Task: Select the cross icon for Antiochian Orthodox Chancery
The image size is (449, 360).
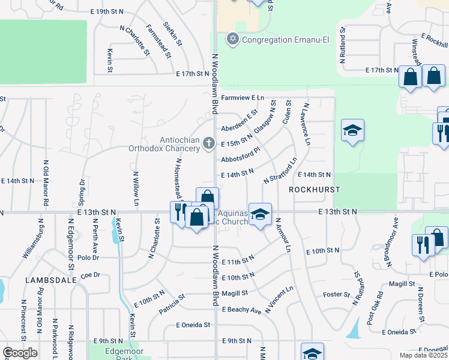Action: point(208,143)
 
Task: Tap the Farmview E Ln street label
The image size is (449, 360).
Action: point(243,97)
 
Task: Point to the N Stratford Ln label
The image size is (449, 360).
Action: point(281,171)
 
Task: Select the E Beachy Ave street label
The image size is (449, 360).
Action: point(241,310)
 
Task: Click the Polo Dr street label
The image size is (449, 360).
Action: point(88,257)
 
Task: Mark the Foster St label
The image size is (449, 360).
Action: point(336,295)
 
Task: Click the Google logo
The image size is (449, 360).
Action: point(20,353)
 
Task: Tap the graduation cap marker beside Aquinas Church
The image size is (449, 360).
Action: point(260,214)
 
